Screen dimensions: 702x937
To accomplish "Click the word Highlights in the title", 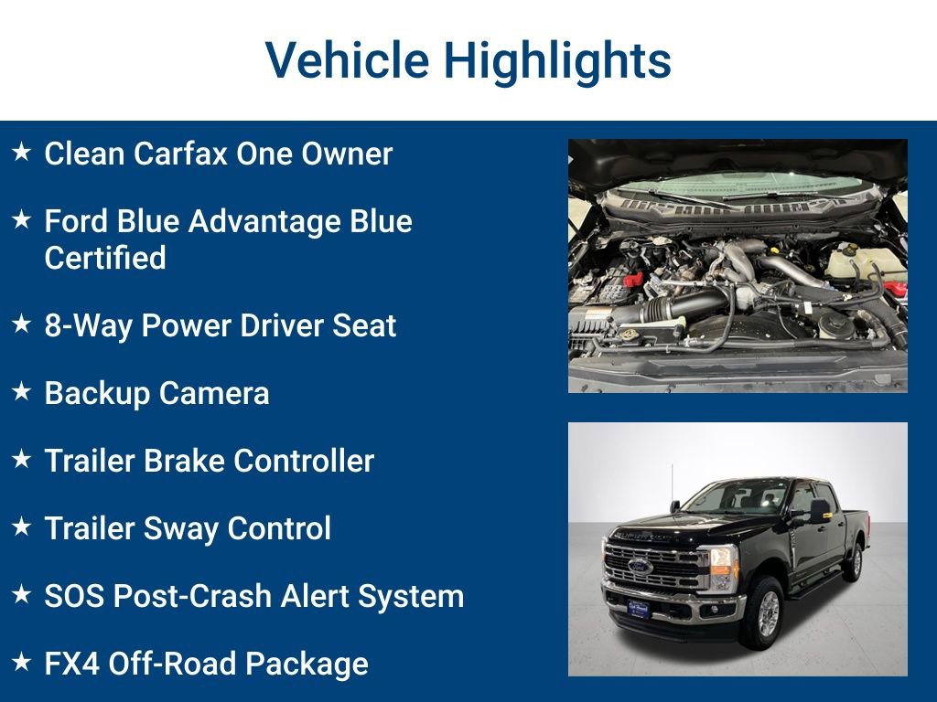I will [x=557, y=60].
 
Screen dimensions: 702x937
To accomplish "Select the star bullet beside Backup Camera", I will [x=22, y=392].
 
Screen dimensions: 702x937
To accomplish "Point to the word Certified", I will [x=105, y=258].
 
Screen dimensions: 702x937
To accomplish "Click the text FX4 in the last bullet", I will [x=71, y=664].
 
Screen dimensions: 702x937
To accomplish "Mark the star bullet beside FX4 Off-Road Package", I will [x=22, y=663].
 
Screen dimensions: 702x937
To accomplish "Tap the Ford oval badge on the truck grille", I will [x=641, y=568].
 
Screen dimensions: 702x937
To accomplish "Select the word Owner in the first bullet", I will [x=350, y=154].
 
